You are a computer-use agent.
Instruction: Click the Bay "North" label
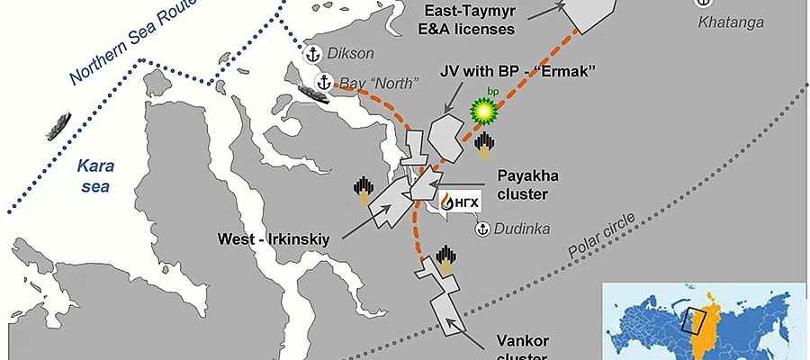(x=379, y=85)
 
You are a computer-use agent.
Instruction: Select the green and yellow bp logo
(x=486, y=110)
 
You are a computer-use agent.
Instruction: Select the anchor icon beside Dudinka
(x=481, y=229)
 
